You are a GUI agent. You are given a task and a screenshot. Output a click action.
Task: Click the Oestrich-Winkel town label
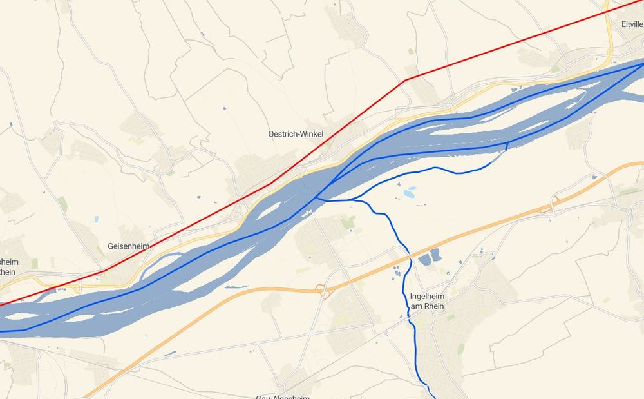pos(296,134)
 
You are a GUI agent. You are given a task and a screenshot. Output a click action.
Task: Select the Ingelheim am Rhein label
pos(430,301)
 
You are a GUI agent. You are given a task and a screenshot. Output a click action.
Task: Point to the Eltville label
pos(632,24)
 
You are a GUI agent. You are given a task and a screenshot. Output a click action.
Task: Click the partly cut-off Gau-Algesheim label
pos(283,396)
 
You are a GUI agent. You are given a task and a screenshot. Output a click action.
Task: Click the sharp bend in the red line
pos(404,81)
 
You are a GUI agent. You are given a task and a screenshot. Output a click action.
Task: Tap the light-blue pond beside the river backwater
pos(409,192)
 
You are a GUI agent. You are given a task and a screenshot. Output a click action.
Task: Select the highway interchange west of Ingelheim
pos(323,292)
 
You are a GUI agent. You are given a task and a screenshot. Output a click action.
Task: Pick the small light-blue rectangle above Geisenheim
pos(96,219)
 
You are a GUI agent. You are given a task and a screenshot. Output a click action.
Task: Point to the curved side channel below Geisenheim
pos(158,260)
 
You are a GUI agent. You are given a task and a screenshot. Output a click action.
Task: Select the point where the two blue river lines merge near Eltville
pos(641,63)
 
